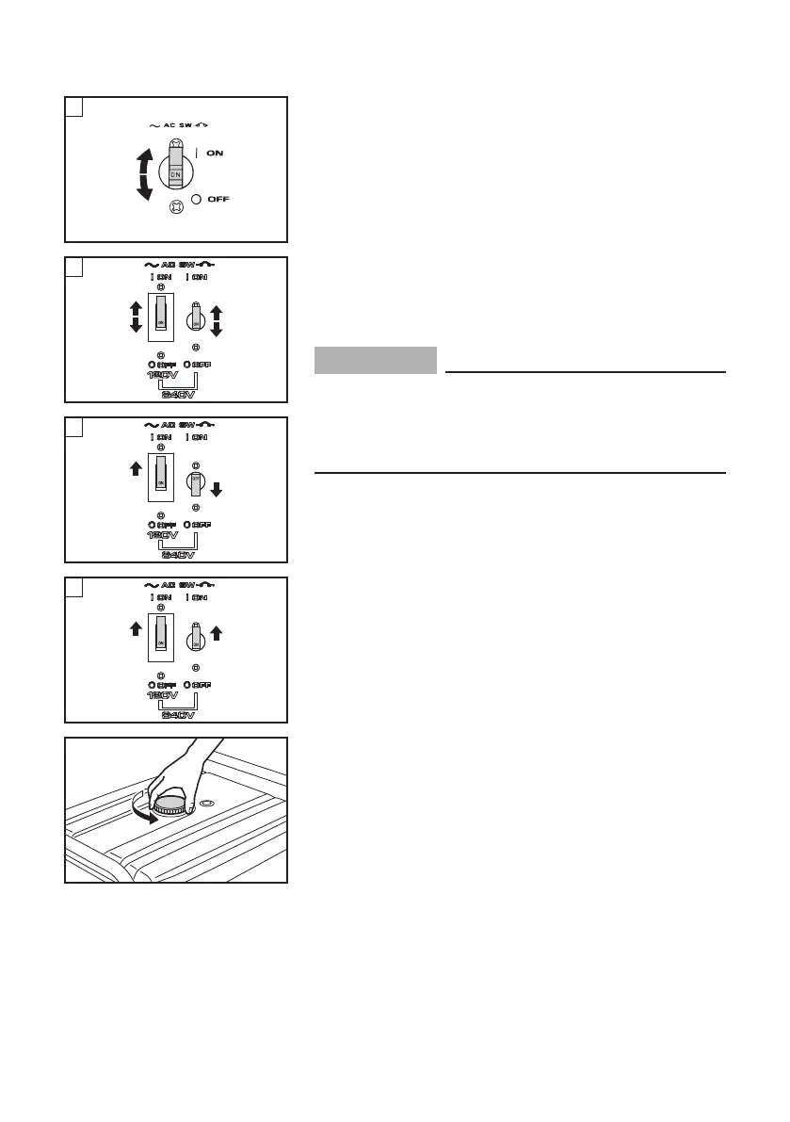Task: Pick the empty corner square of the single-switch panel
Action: point(73,106)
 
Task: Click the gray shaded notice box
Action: point(376,360)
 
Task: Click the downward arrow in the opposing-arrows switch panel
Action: point(216,489)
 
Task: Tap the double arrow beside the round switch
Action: point(216,321)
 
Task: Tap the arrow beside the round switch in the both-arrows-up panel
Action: point(216,632)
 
